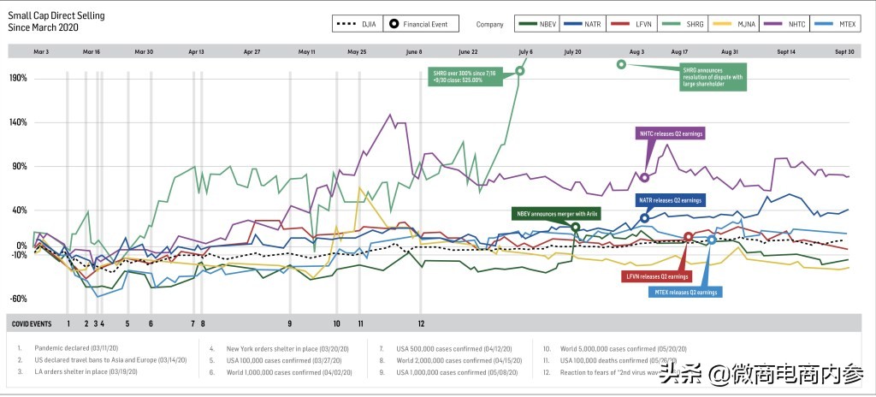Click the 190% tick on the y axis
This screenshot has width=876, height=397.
pos(18,78)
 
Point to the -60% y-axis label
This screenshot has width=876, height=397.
pos(18,299)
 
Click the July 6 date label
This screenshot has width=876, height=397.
pos(525,52)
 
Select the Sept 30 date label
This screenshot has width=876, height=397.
pos(845,52)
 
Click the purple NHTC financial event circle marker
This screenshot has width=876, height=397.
pos(644,178)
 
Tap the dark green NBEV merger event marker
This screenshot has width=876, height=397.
pos(575,228)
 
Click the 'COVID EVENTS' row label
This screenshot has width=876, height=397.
pos(30,323)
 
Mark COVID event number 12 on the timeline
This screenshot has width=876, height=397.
pos(421,323)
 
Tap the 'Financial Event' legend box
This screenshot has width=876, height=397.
pos(425,24)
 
